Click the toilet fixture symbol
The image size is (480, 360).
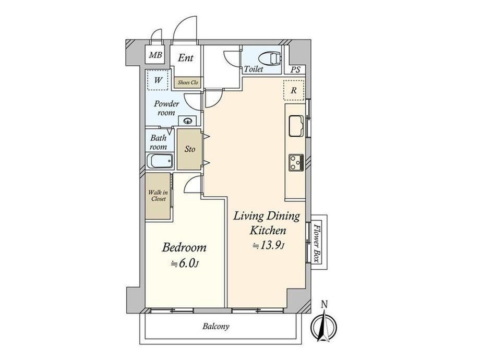coord(270,58)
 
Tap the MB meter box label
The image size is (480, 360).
coord(155,55)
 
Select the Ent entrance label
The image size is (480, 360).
coord(186,57)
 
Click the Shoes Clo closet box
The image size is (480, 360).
coord(188,82)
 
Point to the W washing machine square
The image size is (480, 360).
coord(158,80)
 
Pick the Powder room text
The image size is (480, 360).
coord(166,108)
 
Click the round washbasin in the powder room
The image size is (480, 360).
coord(188,121)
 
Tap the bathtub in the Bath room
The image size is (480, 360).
coord(160,161)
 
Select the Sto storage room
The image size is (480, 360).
coord(189,149)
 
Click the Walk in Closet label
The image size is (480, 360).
coord(158,196)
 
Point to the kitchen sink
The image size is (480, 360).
coord(296,126)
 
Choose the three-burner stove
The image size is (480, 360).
coord(296,162)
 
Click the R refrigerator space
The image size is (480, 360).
coord(294,90)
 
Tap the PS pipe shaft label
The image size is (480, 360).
coord(295,70)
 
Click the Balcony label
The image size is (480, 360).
coord(216,326)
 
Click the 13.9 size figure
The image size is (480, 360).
coord(269,245)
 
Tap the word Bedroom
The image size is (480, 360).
coord(184,247)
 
